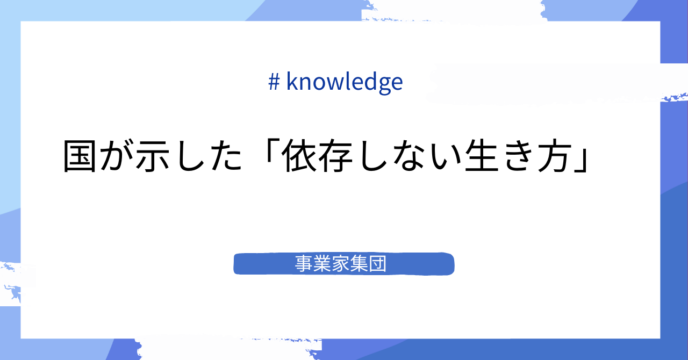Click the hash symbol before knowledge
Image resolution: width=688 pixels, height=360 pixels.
(x=274, y=82)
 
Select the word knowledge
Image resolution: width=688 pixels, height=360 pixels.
(x=345, y=82)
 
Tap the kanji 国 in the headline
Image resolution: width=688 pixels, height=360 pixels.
(x=81, y=157)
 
